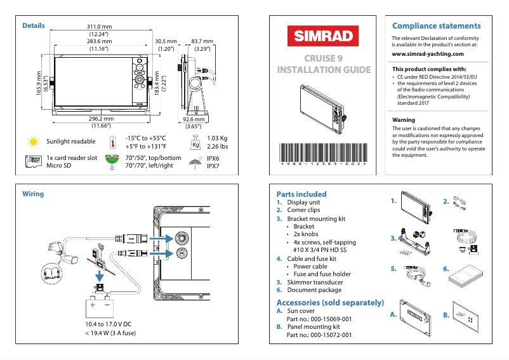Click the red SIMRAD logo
coord(323,36)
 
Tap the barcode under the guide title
coord(323,154)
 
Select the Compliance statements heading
coord(436,26)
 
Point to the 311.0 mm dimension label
coord(99,26)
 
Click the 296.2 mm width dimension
coord(101,119)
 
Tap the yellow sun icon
coord(32,141)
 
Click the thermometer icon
coord(112,142)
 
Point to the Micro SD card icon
coord(32,162)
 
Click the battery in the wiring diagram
coord(100,307)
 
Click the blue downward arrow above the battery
coord(99,277)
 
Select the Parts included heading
coord(301,194)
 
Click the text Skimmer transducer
coord(315,282)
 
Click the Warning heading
coord(404,119)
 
